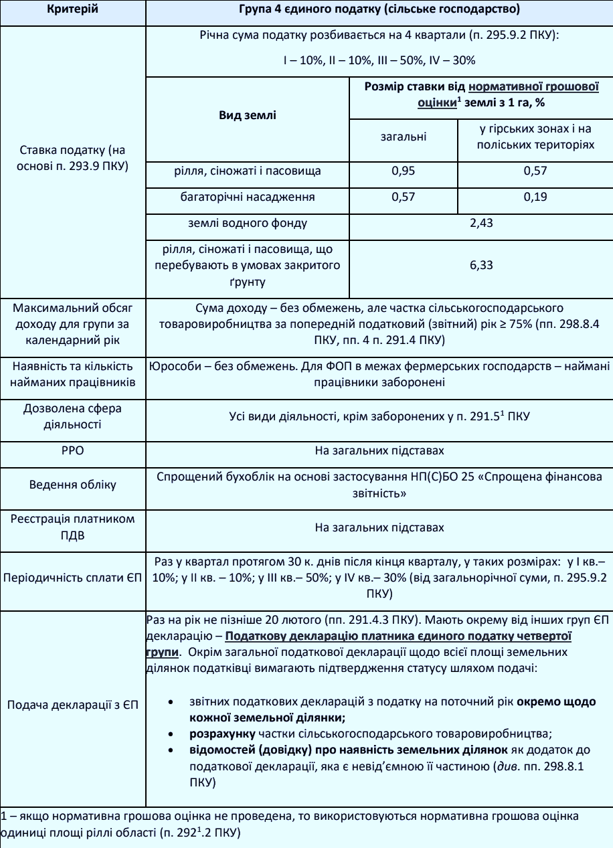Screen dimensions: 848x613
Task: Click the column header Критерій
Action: (x=73, y=10)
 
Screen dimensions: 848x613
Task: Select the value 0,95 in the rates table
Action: (x=403, y=171)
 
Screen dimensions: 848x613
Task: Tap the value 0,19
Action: (x=535, y=197)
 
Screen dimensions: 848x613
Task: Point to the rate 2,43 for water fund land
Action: (x=481, y=223)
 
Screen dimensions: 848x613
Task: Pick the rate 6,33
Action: (x=481, y=265)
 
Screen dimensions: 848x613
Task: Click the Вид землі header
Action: (x=248, y=115)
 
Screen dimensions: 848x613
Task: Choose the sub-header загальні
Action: (x=403, y=137)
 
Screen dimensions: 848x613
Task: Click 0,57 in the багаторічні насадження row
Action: (x=403, y=197)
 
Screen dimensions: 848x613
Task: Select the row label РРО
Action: (x=73, y=451)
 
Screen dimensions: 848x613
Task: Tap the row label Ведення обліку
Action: (x=73, y=484)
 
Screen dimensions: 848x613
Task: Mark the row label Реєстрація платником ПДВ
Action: (x=73, y=527)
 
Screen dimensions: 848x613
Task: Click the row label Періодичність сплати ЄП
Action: (x=73, y=578)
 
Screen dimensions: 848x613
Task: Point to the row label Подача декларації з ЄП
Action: (x=73, y=705)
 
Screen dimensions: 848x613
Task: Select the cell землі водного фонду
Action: (x=248, y=223)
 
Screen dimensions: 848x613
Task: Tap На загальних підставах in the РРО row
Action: (x=379, y=451)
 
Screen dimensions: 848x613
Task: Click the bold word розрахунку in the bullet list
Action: (x=219, y=733)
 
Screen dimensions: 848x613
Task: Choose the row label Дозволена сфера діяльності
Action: (x=73, y=416)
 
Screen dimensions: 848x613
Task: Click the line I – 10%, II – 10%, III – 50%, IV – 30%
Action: (x=379, y=60)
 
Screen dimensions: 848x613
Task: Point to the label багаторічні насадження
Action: (x=248, y=197)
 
